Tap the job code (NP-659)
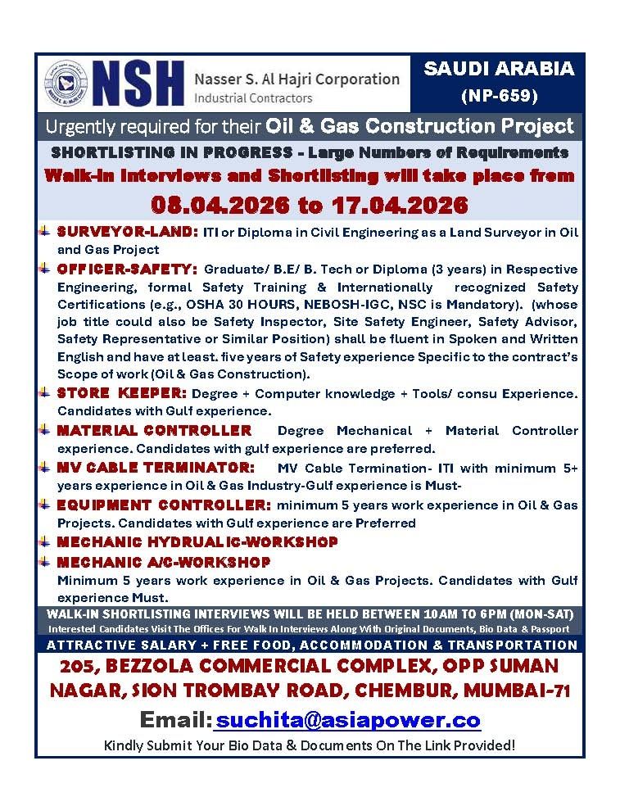[499, 96]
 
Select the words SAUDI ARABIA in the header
[499, 69]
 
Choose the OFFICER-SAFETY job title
[127, 269]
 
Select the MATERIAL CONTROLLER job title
[154, 430]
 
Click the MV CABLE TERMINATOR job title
[156, 468]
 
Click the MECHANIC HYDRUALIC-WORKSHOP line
[197, 542]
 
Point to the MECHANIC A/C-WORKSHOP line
[163, 562]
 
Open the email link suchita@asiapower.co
[347, 720]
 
